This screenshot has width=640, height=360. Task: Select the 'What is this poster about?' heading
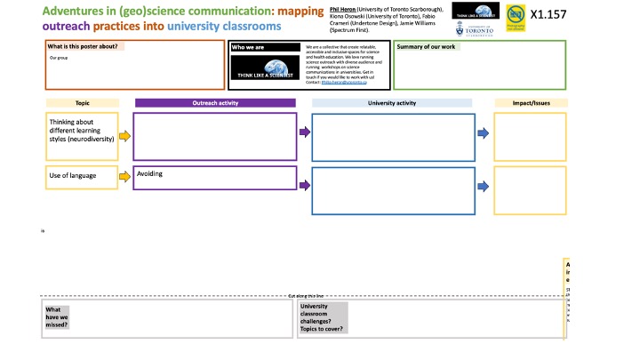pos(85,46)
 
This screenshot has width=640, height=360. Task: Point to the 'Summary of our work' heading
pos(427,46)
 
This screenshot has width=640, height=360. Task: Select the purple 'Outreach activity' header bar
pos(215,103)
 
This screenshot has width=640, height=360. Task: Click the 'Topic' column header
pos(81,103)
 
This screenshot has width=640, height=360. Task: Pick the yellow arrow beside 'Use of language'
pos(124,177)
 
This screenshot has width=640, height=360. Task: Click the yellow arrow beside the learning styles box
pos(124,136)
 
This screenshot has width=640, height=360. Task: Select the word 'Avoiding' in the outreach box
pos(152,174)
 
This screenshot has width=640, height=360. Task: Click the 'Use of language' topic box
pos(81,177)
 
